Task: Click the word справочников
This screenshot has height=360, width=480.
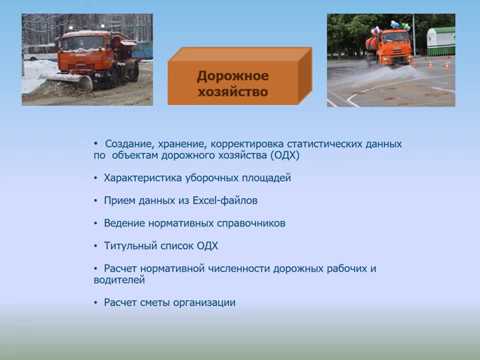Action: (250, 223)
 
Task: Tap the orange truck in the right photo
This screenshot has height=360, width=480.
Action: (390, 45)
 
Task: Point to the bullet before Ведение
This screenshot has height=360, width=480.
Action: (96, 223)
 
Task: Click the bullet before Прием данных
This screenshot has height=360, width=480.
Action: (96, 200)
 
